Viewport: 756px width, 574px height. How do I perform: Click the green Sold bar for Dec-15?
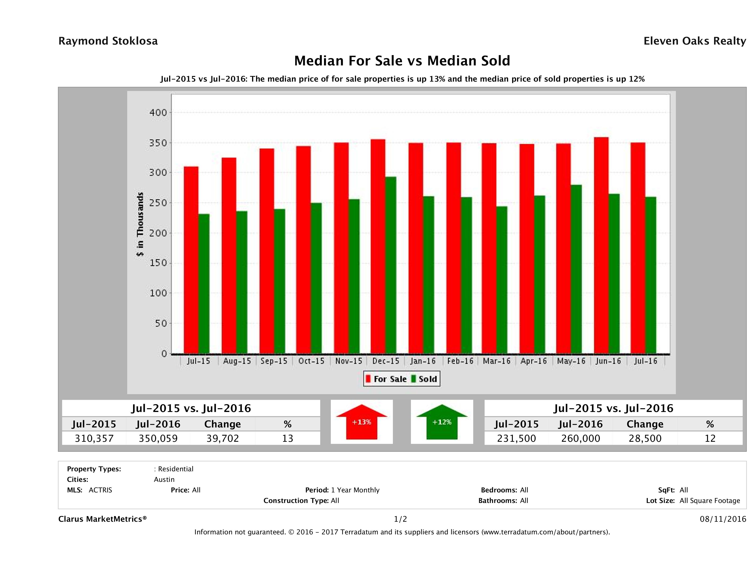[x=391, y=265]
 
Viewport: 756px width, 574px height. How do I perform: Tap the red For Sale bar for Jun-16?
[x=601, y=245]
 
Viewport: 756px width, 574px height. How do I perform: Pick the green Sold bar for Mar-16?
[x=501, y=280]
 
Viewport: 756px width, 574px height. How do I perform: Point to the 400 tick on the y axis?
[x=158, y=113]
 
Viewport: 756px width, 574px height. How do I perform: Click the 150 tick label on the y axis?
[x=158, y=263]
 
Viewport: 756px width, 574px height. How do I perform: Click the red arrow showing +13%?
[x=361, y=422]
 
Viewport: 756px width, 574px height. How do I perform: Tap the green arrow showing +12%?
[x=442, y=422]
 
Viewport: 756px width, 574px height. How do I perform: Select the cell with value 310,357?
[x=94, y=438]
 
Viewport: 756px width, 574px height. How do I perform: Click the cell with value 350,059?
[x=158, y=438]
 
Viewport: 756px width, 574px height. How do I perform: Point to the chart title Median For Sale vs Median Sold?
[x=402, y=61]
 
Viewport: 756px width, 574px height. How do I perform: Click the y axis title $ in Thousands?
[x=140, y=224]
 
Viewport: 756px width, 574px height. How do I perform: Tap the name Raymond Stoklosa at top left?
[x=108, y=41]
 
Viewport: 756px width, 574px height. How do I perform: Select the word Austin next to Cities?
[x=164, y=480]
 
